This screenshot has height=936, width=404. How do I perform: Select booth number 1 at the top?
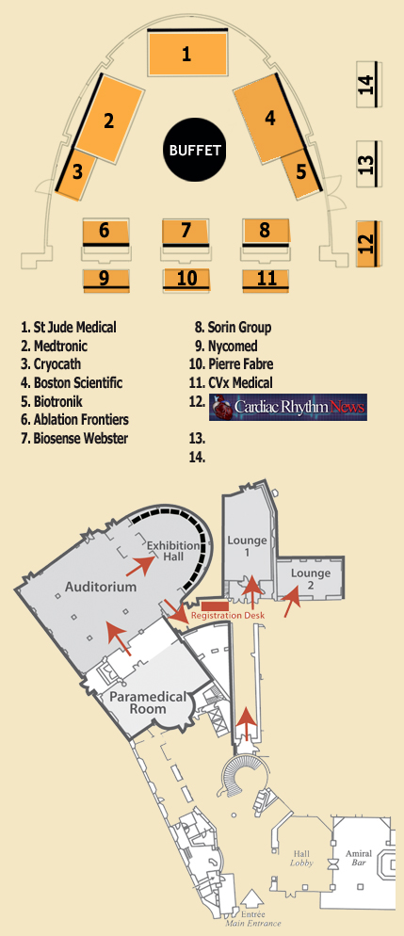pos(186,53)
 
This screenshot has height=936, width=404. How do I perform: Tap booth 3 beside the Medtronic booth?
pos(75,173)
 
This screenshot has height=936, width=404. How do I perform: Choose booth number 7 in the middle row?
pos(186,233)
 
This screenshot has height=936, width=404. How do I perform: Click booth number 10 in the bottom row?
pos(186,280)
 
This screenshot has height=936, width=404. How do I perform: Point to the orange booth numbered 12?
pos(368,244)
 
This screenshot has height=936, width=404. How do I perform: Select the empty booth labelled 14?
pos(368,84)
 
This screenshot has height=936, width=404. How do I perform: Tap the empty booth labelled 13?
pos(368,164)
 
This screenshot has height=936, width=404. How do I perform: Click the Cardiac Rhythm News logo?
pos(287,407)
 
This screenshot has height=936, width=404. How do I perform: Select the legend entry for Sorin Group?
pos(234,327)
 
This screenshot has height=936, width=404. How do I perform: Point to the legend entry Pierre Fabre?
pos(232,364)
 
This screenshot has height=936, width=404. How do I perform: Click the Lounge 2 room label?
pos(311,579)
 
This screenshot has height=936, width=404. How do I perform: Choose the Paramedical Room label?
pos(148,703)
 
